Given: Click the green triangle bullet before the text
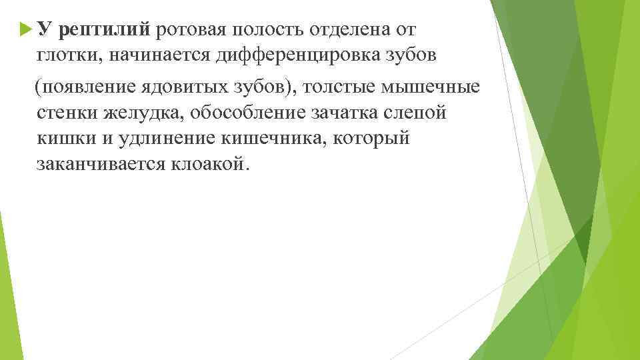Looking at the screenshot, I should point(26,29).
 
